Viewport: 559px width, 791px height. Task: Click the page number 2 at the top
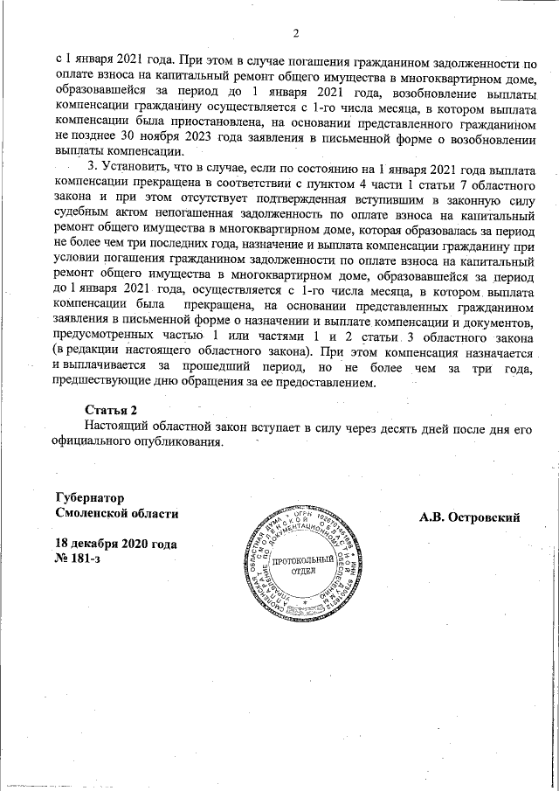point(295,34)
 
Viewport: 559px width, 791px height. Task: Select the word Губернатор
point(88,496)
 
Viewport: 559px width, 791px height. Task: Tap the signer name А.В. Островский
point(469,517)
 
